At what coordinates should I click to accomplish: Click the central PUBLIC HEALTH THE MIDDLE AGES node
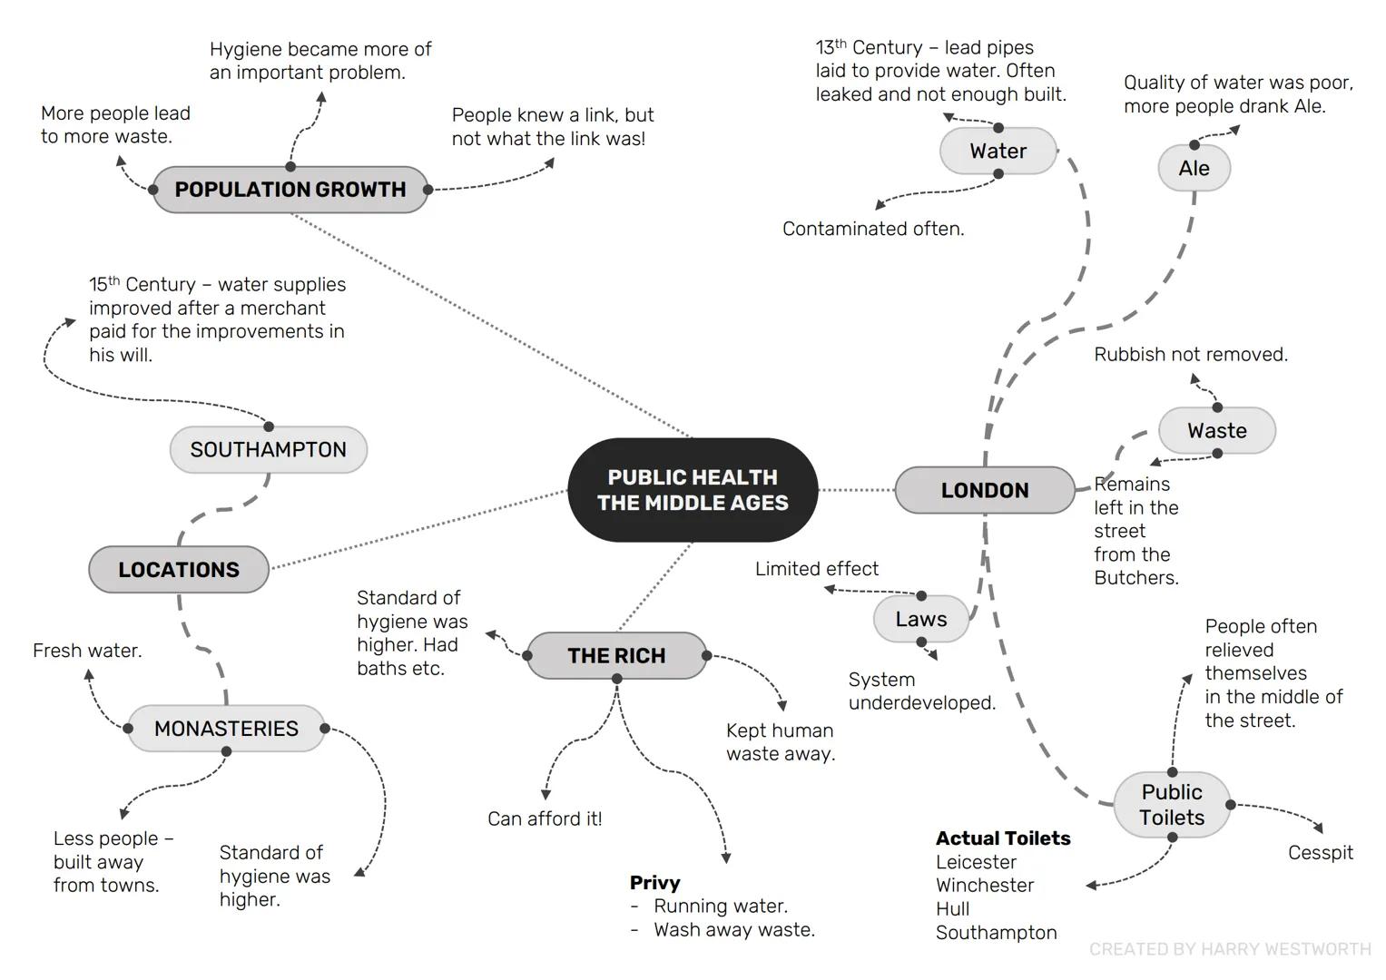(x=693, y=490)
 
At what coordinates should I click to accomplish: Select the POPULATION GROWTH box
(x=290, y=190)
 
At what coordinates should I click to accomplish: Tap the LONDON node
(x=985, y=490)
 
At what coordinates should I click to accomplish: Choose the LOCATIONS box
(x=179, y=570)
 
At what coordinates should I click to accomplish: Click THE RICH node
(x=616, y=655)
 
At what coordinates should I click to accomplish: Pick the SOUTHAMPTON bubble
(x=268, y=449)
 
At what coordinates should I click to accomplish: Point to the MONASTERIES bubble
(x=226, y=729)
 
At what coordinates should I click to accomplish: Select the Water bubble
(x=998, y=151)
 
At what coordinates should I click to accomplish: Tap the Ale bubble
(x=1194, y=169)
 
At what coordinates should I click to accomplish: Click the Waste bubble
(x=1216, y=430)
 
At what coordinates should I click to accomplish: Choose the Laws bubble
(x=920, y=619)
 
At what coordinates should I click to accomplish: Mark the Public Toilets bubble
(x=1172, y=805)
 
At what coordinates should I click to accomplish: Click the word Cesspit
(x=1320, y=853)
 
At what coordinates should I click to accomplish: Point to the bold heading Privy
(x=654, y=883)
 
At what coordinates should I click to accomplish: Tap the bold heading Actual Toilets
(x=1003, y=838)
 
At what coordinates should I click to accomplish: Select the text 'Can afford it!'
(x=545, y=818)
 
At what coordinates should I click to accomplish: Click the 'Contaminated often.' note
(x=873, y=229)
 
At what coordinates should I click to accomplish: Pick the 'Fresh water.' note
(x=87, y=651)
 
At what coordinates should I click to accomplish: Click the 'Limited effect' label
(x=817, y=569)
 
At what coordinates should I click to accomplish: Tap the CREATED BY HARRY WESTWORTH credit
(x=1230, y=949)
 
